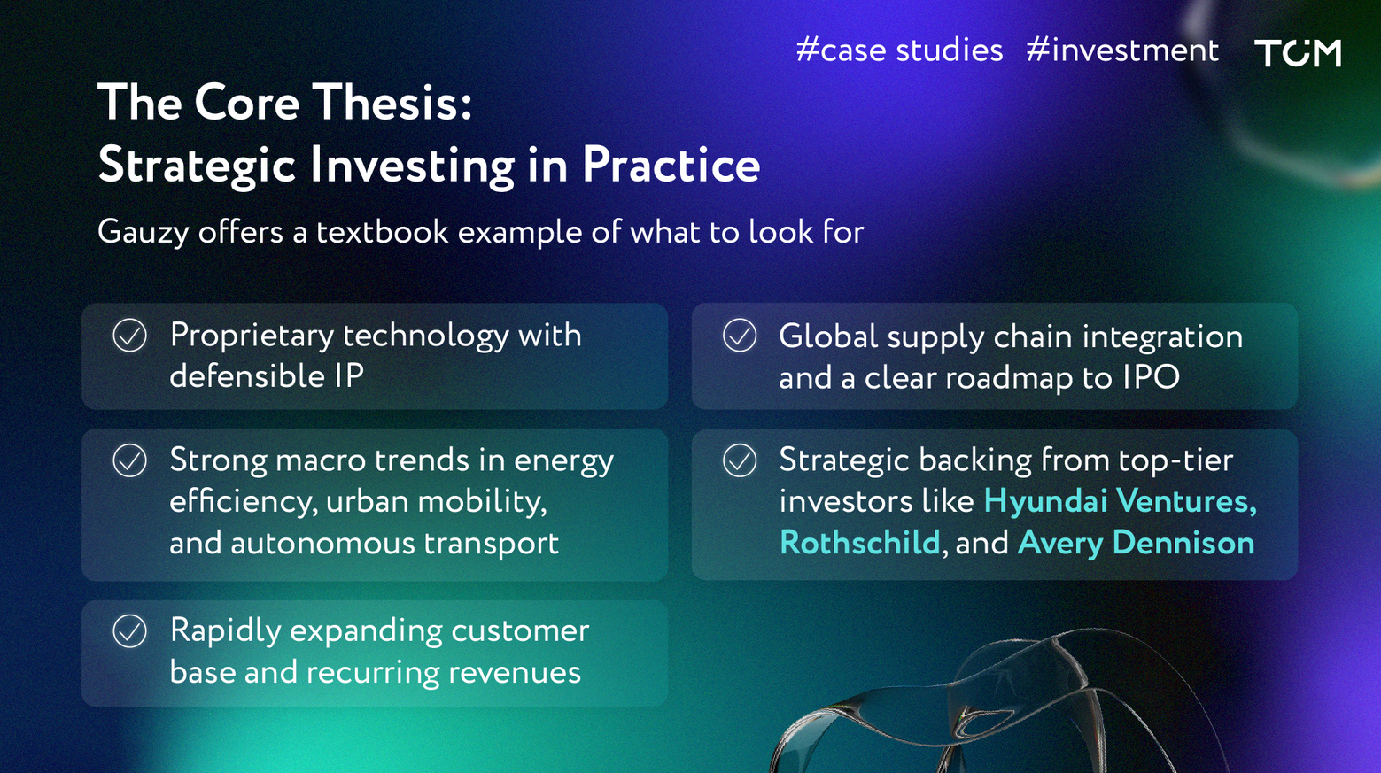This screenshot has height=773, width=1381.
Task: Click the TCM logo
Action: tap(1298, 52)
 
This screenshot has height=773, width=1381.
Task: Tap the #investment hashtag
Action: tap(1122, 50)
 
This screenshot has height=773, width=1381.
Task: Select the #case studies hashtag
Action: tap(899, 50)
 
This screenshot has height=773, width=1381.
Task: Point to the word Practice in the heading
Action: tap(671, 165)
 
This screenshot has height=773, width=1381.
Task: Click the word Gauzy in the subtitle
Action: tap(143, 233)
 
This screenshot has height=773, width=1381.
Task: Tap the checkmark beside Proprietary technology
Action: tap(130, 336)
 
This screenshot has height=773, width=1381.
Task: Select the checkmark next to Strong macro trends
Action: tap(130, 460)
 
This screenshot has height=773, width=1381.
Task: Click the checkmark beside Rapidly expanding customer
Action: tap(130, 630)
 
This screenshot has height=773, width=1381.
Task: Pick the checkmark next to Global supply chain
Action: tap(740, 336)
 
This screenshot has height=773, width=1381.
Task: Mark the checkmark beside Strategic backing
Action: tap(740, 460)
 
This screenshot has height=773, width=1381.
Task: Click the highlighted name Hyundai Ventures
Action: tap(1121, 500)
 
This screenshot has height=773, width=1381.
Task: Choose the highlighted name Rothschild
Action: tap(860, 543)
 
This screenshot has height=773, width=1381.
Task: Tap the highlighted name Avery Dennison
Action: tap(1137, 543)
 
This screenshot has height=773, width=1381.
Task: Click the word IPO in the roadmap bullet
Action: tap(1151, 377)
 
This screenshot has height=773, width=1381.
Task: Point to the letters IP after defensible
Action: tap(349, 376)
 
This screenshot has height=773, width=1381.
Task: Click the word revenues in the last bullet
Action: tap(514, 673)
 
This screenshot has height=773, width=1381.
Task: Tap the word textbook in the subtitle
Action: tap(383, 232)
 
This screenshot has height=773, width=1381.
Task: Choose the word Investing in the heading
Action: tap(413, 166)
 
